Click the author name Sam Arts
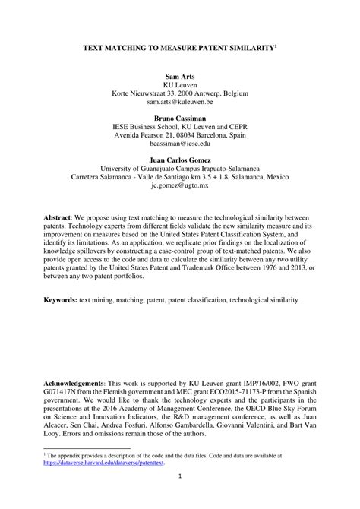coord(180,77)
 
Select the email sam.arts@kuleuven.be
coord(180,100)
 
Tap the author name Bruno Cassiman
coord(180,120)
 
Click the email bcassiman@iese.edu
coord(180,143)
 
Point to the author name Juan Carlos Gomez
coord(180,162)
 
